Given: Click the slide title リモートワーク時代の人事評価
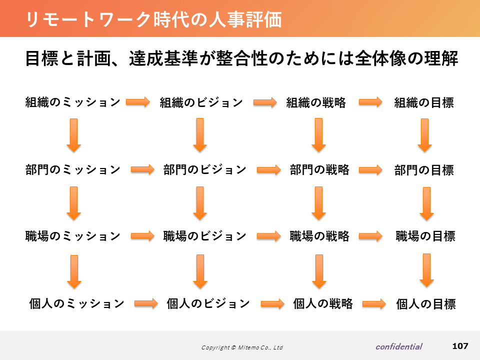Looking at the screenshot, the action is click(x=153, y=19).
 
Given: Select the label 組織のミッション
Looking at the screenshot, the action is click(x=73, y=102).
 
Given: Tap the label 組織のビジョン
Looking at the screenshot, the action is click(x=201, y=102).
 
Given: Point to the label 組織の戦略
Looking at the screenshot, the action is click(x=316, y=102).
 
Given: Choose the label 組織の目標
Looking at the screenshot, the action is click(x=424, y=102).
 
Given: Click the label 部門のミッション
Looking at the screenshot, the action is click(x=73, y=169).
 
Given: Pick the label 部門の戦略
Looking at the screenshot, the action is click(x=319, y=169).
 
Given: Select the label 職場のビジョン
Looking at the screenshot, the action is click(x=205, y=236).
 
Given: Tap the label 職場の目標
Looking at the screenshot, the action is click(x=425, y=236).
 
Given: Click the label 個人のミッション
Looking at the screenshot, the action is click(x=76, y=303).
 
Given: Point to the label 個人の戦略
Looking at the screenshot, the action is click(x=323, y=303).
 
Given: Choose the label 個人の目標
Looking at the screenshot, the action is click(x=426, y=304).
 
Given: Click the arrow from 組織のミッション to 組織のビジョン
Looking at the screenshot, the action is click(x=138, y=102).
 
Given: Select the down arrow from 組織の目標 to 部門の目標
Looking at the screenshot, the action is click(x=424, y=135).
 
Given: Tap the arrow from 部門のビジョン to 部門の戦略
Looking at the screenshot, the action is click(x=269, y=169).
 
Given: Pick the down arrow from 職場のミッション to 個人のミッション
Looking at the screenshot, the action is click(x=74, y=271).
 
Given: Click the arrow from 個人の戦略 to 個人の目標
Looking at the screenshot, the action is click(x=374, y=304).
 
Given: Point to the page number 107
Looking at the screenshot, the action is click(x=460, y=346).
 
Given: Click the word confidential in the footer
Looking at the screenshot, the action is click(x=399, y=346).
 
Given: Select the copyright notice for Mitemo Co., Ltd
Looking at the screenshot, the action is click(x=242, y=347).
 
